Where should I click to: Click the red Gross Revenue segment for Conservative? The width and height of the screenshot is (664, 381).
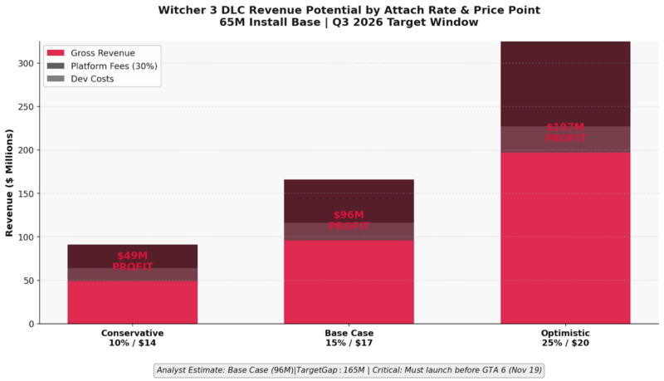[x=132, y=303]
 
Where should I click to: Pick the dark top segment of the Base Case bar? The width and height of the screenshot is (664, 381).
[x=349, y=200]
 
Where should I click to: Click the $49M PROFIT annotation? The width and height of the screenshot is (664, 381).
[x=132, y=261]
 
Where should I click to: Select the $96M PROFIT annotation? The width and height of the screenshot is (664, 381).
[x=349, y=221]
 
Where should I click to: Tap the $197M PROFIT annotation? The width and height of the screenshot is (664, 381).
[x=565, y=133]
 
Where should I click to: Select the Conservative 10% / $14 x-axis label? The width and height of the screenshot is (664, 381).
[x=132, y=338]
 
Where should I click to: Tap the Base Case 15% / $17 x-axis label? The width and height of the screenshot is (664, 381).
[x=349, y=338]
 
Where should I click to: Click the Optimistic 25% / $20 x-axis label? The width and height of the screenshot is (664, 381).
[x=565, y=338]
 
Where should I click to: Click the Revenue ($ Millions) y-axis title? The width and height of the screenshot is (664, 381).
[x=10, y=183]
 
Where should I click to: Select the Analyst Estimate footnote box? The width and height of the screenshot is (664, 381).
[x=349, y=370]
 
